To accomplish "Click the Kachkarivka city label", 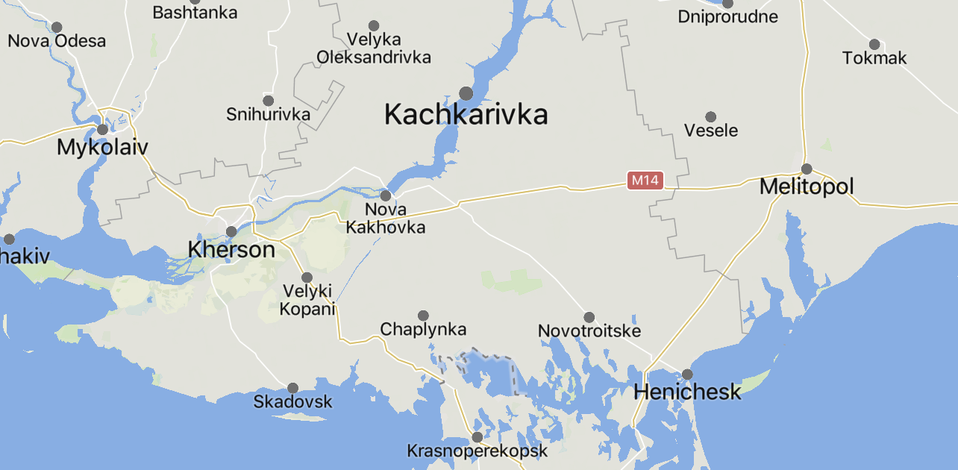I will (x=466, y=115).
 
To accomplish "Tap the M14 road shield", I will (x=645, y=181).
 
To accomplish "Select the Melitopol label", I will (x=807, y=187).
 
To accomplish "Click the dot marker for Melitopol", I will (x=807, y=169).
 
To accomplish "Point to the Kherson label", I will (x=232, y=249).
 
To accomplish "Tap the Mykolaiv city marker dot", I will (x=103, y=129).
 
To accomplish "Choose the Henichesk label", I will (x=687, y=391).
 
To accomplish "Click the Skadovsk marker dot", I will (x=293, y=388).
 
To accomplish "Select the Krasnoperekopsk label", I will (x=478, y=451).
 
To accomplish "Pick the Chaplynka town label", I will (x=423, y=329).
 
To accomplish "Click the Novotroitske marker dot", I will (x=589, y=317).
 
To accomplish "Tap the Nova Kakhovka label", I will (x=386, y=219).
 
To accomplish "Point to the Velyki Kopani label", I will (x=307, y=300).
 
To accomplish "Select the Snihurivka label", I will (x=268, y=115).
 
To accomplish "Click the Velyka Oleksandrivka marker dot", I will (x=374, y=26).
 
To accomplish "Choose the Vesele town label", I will (x=711, y=131).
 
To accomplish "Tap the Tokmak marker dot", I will (x=874, y=44).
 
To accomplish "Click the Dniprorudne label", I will (x=727, y=16).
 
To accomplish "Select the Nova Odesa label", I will (x=57, y=41).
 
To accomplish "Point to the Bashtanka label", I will (x=195, y=13).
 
